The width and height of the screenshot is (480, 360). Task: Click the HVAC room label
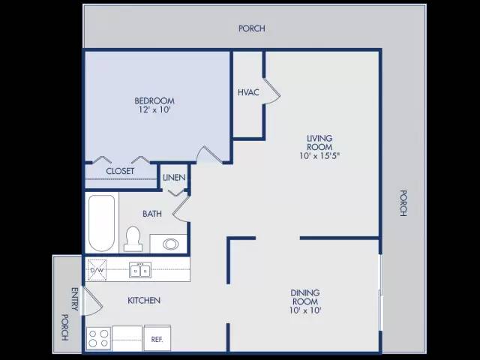click(248, 92)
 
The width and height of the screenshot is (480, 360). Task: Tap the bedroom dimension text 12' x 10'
click(154, 109)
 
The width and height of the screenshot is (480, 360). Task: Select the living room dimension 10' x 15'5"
click(319, 156)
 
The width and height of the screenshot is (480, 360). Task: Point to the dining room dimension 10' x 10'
click(305, 310)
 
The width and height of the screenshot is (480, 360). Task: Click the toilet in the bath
click(133, 239)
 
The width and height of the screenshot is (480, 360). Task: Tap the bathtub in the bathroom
click(102, 223)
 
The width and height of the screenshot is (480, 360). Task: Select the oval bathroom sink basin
click(170, 244)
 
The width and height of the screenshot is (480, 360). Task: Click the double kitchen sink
click(140, 270)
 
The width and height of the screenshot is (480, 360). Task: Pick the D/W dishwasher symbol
click(97, 270)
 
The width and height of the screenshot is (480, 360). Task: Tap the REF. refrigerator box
click(157, 338)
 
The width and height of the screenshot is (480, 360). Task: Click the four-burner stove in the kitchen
click(98, 338)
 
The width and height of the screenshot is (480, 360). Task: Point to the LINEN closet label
click(174, 178)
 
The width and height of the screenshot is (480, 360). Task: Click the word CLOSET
click(120, 171)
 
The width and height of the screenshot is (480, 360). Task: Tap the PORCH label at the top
click(252, 28)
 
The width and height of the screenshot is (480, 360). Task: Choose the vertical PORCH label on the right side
click(403, 203)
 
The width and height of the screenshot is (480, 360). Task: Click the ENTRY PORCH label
click(70, 313)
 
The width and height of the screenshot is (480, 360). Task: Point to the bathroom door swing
click(181, 208)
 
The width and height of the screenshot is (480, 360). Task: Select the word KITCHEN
click(144, 300)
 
